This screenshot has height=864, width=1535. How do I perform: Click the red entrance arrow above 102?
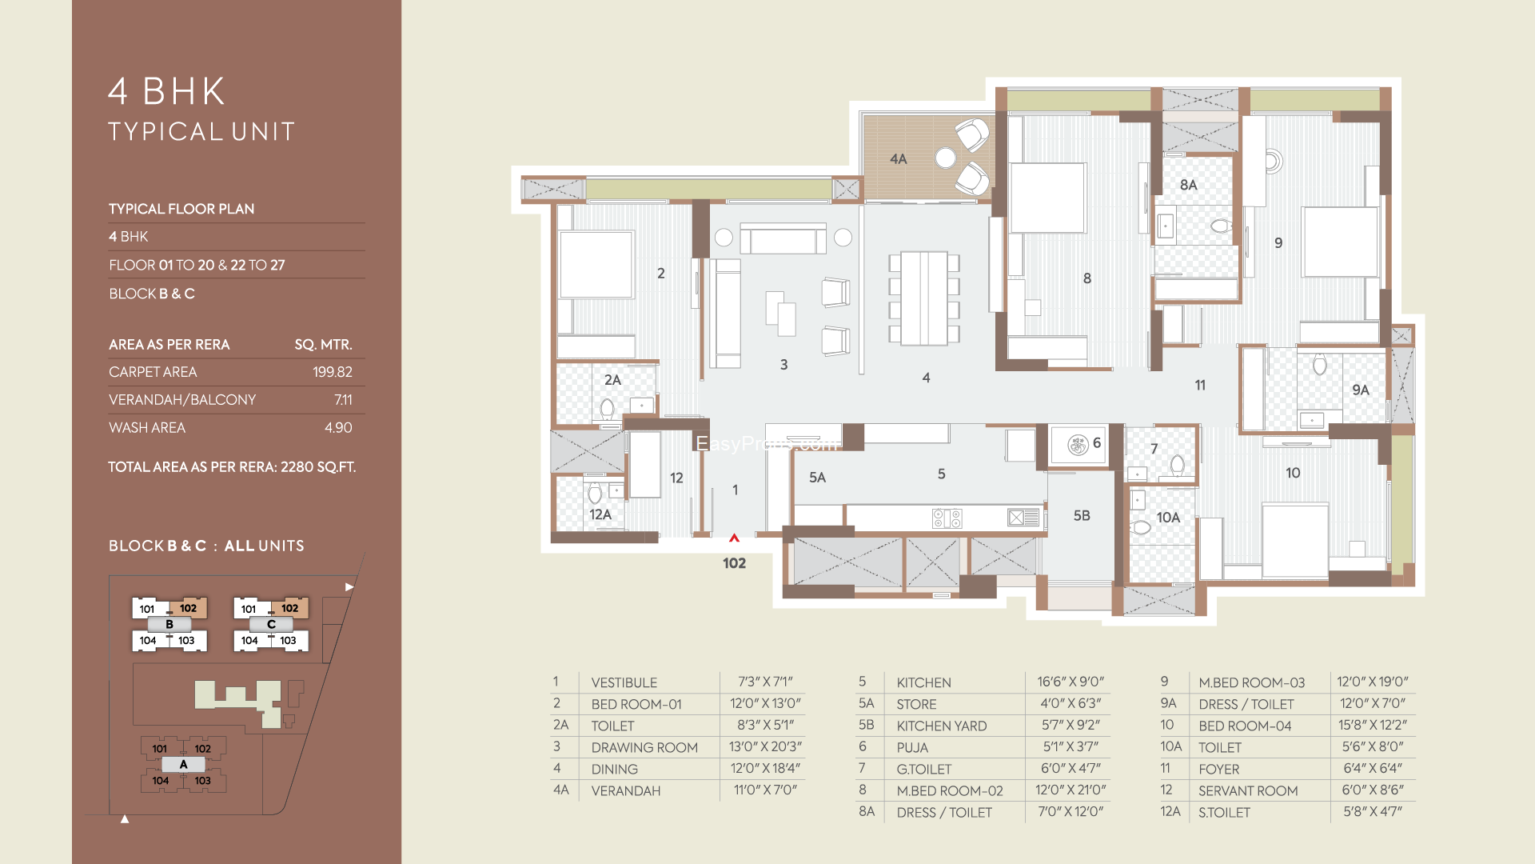(x=734, y=538)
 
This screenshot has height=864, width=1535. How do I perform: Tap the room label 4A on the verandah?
(x=899, y=159)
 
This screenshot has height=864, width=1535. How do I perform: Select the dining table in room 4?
(x=924, y=298)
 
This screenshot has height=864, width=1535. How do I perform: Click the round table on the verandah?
(x=946, y=158)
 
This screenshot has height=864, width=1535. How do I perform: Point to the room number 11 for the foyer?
(x=1200, y=386)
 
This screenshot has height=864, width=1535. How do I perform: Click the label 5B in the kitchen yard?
(x=1082, y=516)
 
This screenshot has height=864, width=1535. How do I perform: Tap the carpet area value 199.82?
(x=333, y=372)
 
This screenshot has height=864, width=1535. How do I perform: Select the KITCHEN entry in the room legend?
(x=923, y=682)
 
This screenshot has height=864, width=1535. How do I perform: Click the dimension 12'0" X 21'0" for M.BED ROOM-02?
(x=1071, y=790)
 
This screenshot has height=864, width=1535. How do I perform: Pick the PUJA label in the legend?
(x=912, y=747)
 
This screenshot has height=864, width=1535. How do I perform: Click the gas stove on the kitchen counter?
(x=947, y=518)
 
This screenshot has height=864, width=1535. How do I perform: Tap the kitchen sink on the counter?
(x=1023, y=518)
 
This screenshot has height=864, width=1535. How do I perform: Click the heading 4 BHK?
(x=167, y=91)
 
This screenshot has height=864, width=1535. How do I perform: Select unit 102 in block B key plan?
(x=189, y=608)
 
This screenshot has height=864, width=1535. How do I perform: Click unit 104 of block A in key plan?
(x=161, y=781)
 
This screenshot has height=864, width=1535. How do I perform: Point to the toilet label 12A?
(x=600, y=514)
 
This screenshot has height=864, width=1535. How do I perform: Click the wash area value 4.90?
(x=338, y=428)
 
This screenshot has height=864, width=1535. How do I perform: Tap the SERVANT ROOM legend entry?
(x=1248, y=790)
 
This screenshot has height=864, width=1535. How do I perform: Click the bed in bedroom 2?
(x=596, y=265)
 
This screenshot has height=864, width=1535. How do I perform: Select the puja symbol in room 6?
(x=1078, y=445)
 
